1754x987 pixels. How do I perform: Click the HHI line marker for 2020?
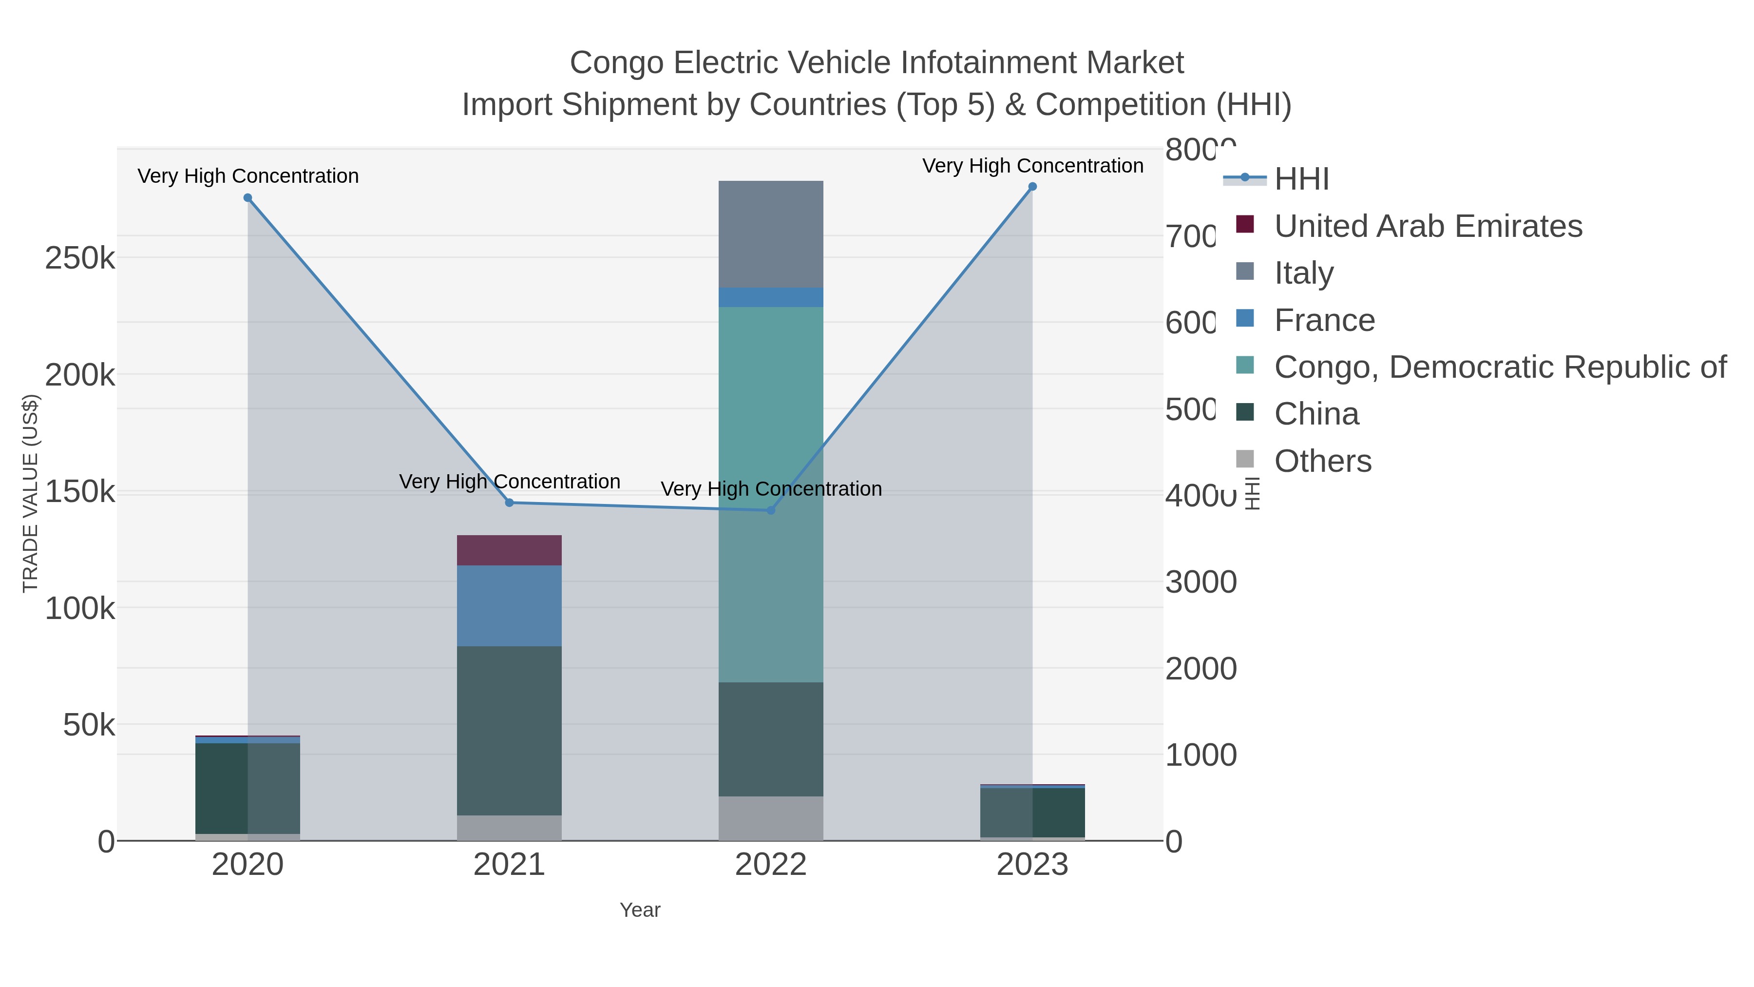pyautogui.click(x=248, y=198)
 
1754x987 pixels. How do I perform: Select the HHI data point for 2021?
pyautogui.click(x=509, y=503)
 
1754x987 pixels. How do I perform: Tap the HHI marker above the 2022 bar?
pyautogui.click(x=771, y=510)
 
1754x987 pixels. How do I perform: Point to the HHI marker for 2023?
pyautogui.click(x=1032, y=187)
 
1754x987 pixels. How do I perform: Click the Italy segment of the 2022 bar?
pyautogui.click(x=771, y=234)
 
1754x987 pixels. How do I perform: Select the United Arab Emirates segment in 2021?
pyautogui.click(x=509, y=550)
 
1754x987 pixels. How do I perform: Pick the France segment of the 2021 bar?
pyautogui.click(x=509, y=605)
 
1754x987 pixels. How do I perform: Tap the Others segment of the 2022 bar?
pyautogui.click(x=771, y=818)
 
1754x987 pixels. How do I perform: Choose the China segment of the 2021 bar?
pyautogui.click(x=509, y=730)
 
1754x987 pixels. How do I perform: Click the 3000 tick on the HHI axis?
pyautogui.click(x=1201, y=581)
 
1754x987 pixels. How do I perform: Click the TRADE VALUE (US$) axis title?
pyautogui.click(x=31, y=493)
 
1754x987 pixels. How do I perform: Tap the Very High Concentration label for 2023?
pyautogui.click(x=1032, y=166)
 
